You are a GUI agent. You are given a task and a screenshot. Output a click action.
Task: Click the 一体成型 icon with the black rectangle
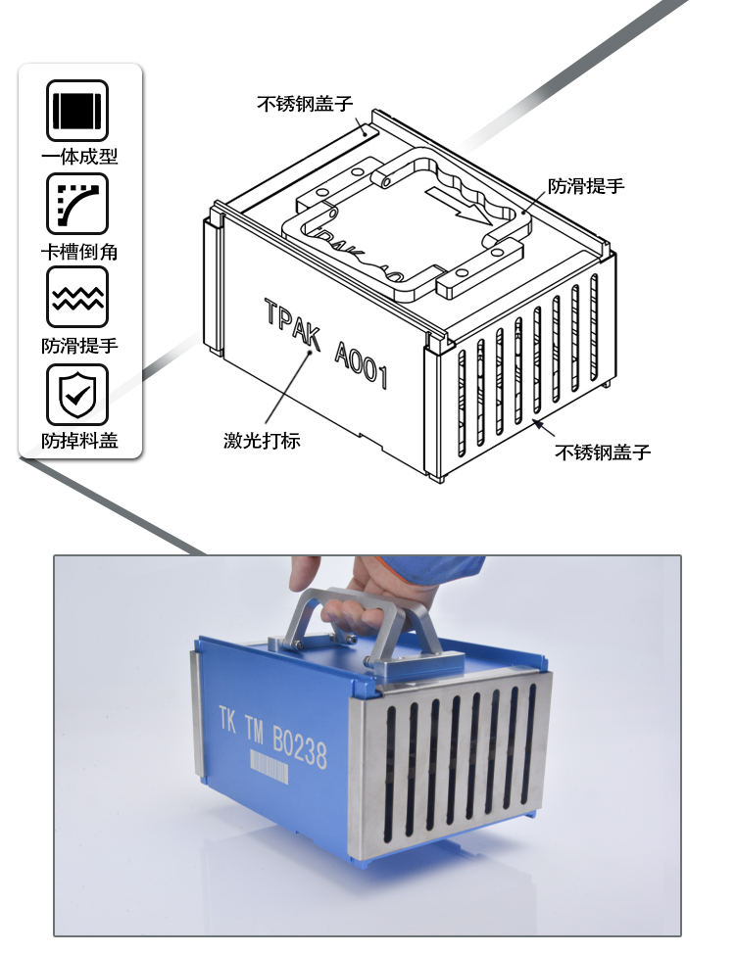77,111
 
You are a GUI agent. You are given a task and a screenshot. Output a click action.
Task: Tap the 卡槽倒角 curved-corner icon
77,204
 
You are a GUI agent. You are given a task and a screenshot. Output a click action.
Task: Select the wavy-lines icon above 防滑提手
77,298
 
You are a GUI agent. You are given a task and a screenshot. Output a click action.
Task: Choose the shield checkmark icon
77,395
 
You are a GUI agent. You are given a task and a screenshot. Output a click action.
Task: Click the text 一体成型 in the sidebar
79,157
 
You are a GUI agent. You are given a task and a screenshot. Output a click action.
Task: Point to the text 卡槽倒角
79,252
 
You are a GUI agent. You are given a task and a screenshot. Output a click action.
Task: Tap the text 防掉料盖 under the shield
79,440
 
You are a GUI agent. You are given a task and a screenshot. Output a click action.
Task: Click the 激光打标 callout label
262,440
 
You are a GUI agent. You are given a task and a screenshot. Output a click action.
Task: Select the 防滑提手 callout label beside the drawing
586,185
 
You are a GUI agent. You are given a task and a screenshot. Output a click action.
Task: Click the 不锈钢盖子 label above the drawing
305,104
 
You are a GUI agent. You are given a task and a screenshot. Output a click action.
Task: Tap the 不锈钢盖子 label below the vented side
603,453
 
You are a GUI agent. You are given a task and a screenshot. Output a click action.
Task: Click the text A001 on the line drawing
361,365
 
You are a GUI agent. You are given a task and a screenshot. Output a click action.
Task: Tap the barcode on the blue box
269,765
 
